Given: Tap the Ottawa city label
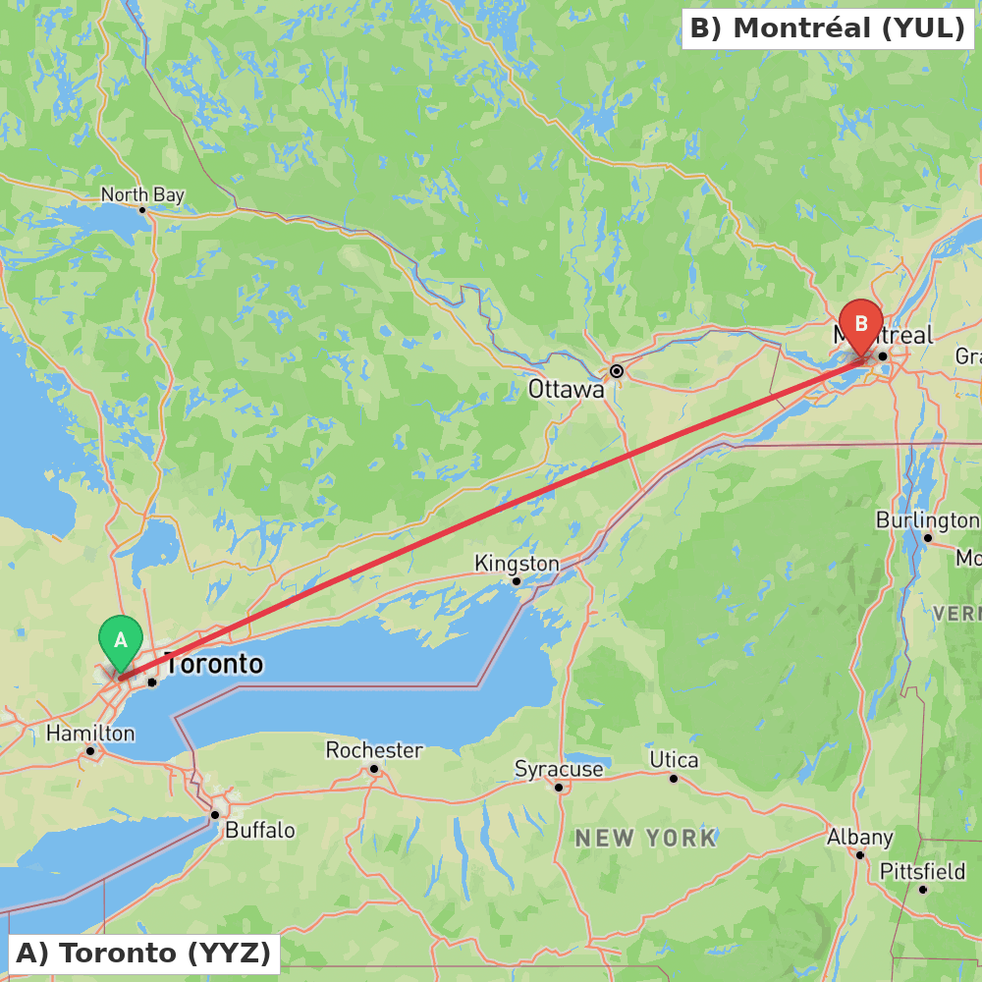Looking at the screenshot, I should point(567,390).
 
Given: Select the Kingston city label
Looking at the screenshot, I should point(517,564).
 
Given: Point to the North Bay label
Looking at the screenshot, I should point(142,195).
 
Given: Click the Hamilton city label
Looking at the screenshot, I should point(90,734).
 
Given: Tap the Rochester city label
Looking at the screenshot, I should point(374,750).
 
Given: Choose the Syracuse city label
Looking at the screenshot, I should point(559,769).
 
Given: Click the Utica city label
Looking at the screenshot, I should point(674,760).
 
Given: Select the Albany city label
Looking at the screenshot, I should point(859,838).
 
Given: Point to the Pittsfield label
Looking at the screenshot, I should point(922,871).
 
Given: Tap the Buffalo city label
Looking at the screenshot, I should point(260,831).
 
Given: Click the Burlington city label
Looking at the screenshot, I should point(927,519).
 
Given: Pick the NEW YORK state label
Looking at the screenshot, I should point(646,839).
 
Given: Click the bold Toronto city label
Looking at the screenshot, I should point(215,665).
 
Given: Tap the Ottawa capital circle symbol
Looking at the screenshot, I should point(617,371).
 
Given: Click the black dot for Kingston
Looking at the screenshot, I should point(517,581).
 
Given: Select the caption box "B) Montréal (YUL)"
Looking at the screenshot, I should point(827,28).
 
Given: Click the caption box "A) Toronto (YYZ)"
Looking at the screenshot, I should point(143,953).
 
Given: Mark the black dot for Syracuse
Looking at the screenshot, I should point(559,787).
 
